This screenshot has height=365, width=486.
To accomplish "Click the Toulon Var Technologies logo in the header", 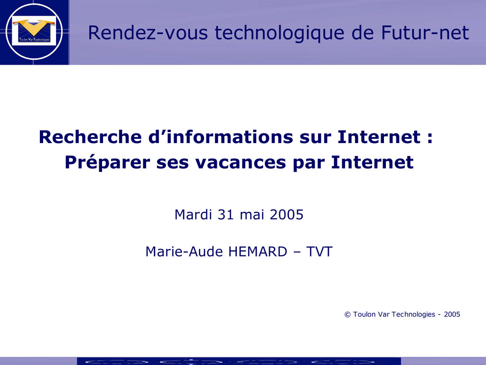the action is pos(34,31).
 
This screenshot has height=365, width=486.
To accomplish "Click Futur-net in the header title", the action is pos(425,33).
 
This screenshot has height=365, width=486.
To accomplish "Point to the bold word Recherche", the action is pos(90,137).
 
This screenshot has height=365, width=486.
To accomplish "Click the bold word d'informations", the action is pos(220,137).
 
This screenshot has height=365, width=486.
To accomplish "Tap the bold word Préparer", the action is pos(107,163).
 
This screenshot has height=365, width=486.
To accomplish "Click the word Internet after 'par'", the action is pos(372,162).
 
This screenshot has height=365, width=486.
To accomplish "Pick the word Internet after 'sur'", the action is pos(379,137).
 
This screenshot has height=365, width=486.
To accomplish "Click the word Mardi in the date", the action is pos(193,214).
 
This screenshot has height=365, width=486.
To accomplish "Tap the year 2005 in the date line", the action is pos(287,215).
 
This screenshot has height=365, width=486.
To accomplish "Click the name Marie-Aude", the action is pos(184,251).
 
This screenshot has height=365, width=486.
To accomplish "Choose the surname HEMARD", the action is pos(258,252).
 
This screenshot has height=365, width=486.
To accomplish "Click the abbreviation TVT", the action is pos(319,252).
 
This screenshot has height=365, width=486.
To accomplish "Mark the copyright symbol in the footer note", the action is pos(347,315).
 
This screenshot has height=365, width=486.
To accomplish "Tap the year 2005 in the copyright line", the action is pos(452,315).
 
